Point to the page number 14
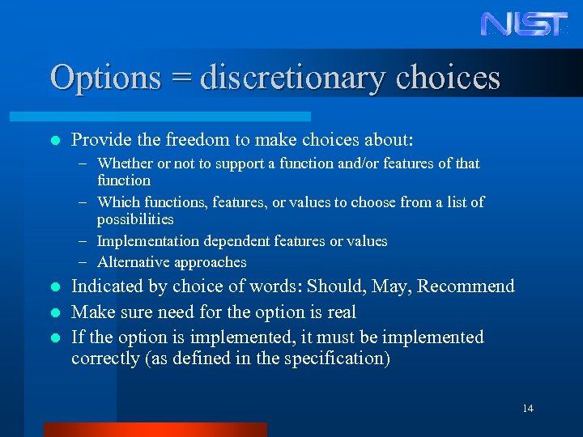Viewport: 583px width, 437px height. click(x=528, y=409)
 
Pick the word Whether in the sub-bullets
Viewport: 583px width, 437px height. click(x=125, y=163)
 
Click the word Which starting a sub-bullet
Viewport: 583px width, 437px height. click(x=118, y=202)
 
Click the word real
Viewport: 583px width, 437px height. click(x=340, y=312)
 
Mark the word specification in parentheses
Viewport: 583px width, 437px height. click(x=334, y=359)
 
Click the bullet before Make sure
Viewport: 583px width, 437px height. click(x=54, y=312)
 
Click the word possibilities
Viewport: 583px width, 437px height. click(x=135, y=219)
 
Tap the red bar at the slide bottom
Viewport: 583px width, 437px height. click(x=155, y=429)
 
